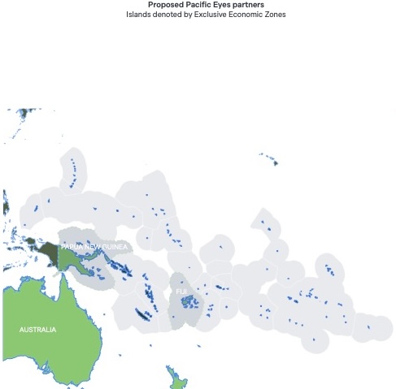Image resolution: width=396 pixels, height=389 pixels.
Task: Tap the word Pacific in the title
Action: click(x=197, y=5)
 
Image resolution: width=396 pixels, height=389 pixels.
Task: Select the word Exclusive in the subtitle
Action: click(x=219, y=15)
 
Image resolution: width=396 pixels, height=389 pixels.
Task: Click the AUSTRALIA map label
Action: click(x=38, y=330)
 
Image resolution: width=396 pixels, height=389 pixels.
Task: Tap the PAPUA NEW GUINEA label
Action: click(x=94, y=246)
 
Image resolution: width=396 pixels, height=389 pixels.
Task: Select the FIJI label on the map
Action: click(x=181, y=290)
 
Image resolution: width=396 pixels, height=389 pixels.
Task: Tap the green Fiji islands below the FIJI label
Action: click(x=189, y=302)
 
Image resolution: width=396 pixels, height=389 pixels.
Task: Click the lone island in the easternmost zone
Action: click(x=368, y=327)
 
